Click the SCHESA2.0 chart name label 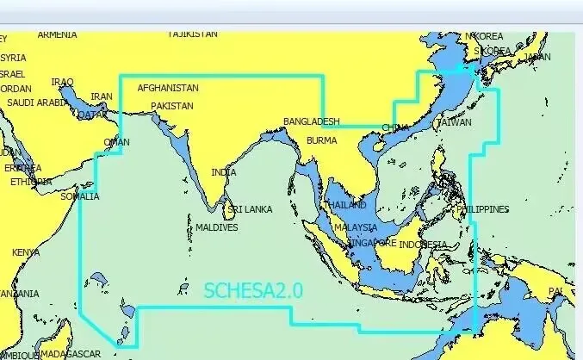click(253, 291)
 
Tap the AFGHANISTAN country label click(168, 88)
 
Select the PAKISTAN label click(172, 106)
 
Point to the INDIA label click(223, 172)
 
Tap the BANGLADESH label click(312, 122)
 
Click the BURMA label click(322, 140)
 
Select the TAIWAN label click(455, 123)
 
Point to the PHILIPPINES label click(483, 209)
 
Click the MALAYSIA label click(356, 227)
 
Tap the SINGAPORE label click(371, 244)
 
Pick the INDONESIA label click(424, 245)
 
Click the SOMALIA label click(78, 196)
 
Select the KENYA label click(25, 253)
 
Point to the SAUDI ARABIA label click(37, 102)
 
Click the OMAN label click(116, 142)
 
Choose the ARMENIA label click(57, 35)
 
